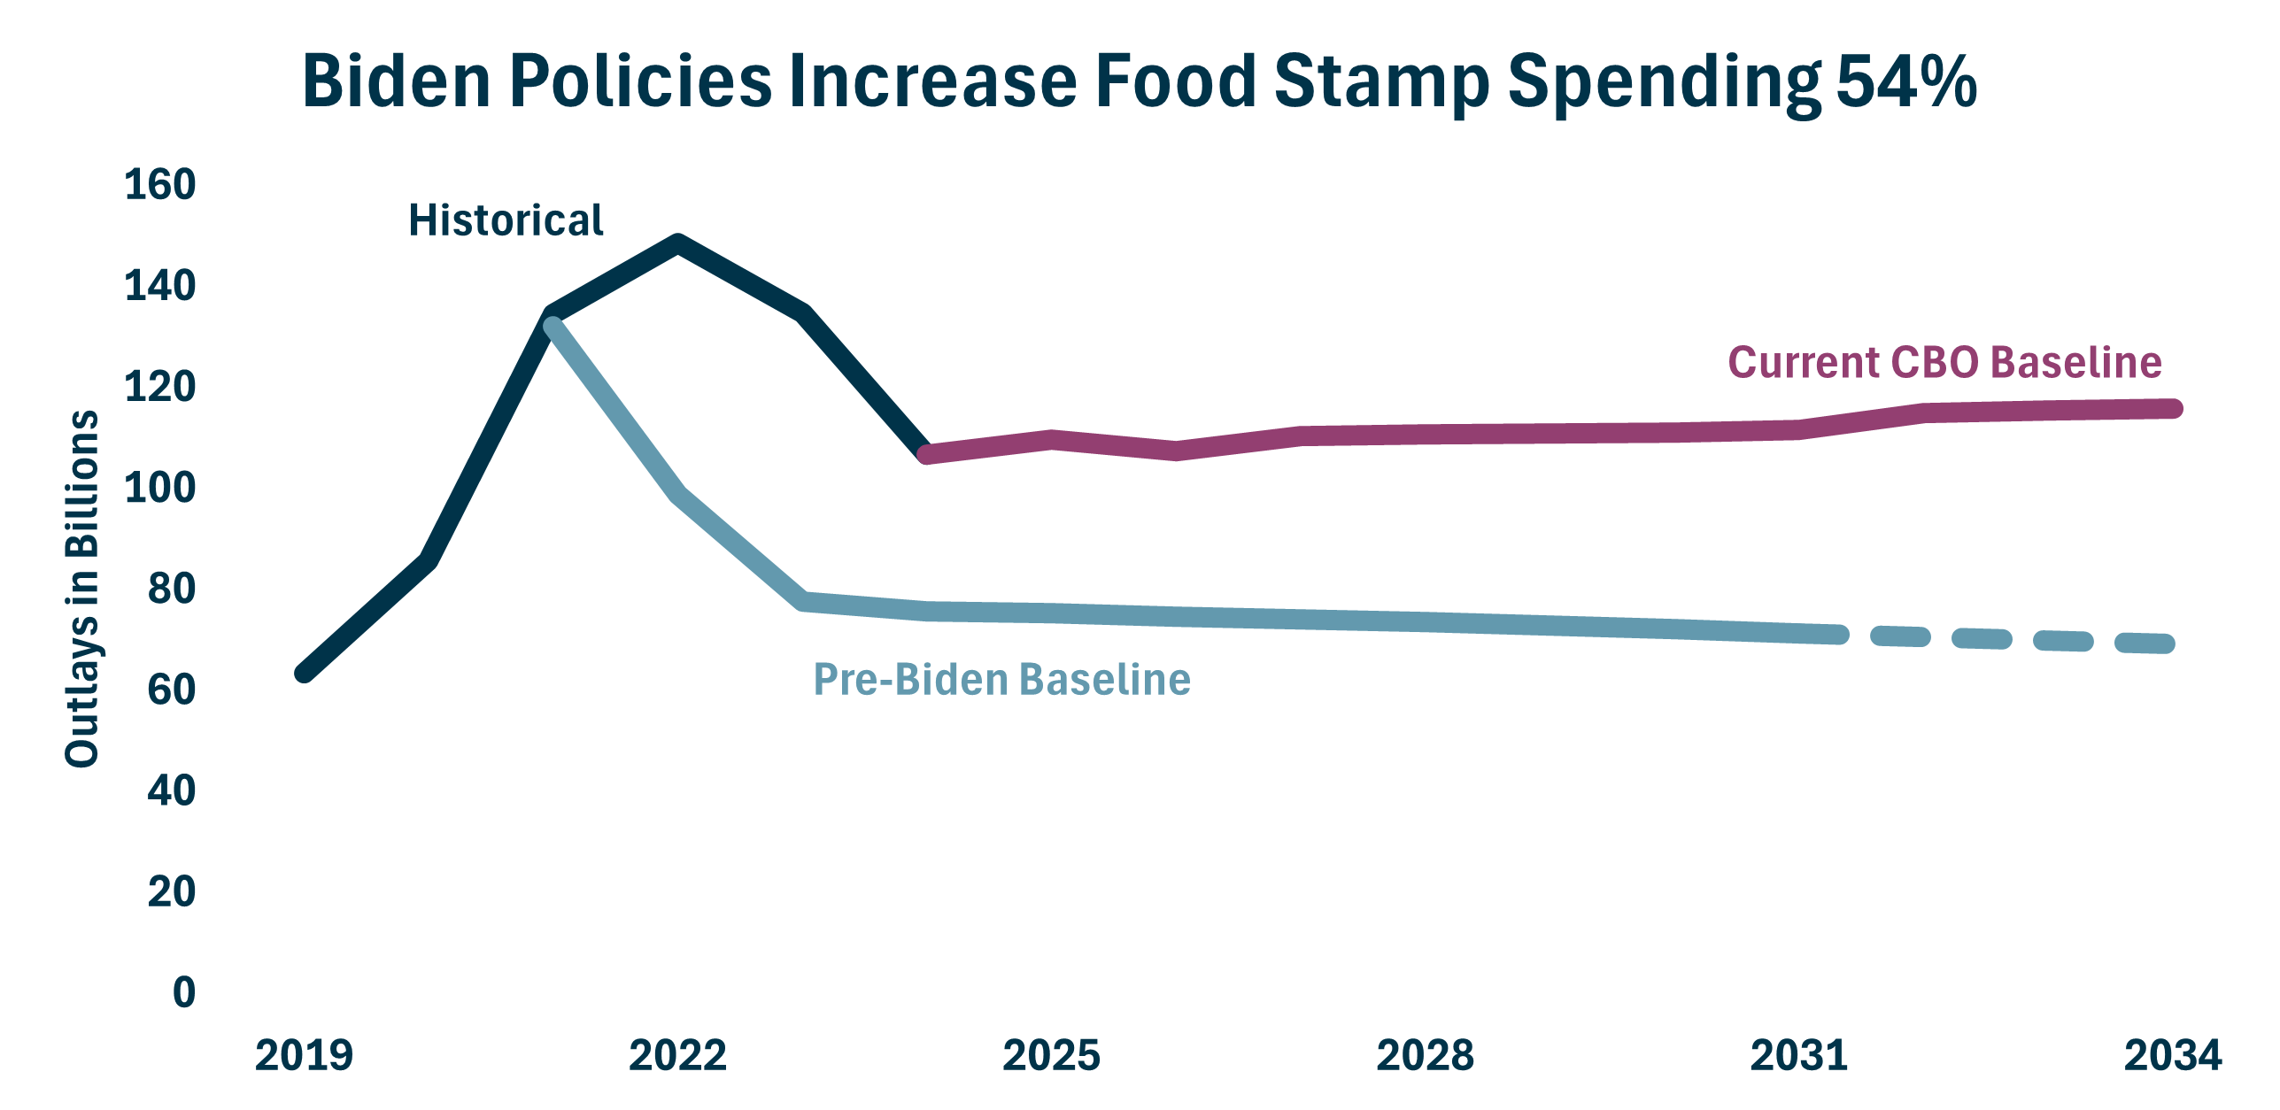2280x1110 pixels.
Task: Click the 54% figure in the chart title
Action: point(1906,81)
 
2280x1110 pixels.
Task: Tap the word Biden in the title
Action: point(397,81)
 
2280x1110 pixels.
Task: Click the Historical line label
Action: point(506,220)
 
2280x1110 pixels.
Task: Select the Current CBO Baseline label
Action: point(1944,363)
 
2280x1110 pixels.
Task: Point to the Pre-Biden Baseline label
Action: point(1001,680)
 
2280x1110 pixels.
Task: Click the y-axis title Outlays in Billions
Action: point(81,589)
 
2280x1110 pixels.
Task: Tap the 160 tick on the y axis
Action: point(160,185)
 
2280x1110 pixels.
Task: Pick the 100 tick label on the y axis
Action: point(160,488)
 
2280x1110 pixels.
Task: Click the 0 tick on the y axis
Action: point(184,992)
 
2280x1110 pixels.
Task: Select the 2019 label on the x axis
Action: point(304,1055)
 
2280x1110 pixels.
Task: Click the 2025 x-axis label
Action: point(1051,1055)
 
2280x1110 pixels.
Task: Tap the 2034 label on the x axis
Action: point(2172,1055)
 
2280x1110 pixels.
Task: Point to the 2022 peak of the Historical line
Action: point(678,243)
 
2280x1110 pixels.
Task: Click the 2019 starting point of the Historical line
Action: point(305,674)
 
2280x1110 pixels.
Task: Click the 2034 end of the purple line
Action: point(2173,408)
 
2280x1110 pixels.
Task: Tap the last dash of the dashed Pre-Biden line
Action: point(2145,644)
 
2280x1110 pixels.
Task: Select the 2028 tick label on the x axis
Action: point(1425,1055)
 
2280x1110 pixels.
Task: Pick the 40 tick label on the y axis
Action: point(172,790)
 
